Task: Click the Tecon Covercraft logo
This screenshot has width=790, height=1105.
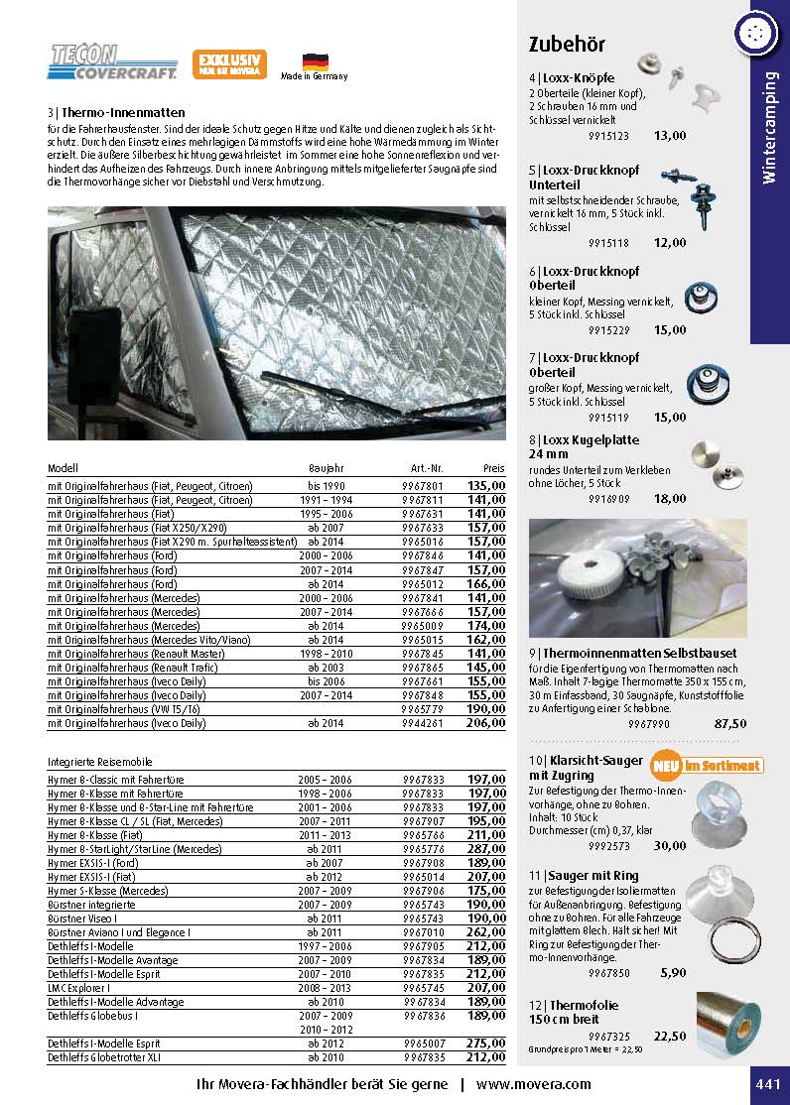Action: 112,61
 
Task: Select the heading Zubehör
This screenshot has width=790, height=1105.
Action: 567,44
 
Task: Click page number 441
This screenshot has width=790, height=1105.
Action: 768,1084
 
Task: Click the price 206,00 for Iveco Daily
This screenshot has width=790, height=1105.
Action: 487,724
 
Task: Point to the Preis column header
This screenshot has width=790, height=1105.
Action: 493,467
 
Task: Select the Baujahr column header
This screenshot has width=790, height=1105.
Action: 326,467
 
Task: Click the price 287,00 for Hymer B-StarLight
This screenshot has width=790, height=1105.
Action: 487,849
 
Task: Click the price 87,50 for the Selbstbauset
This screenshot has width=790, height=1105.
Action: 730,724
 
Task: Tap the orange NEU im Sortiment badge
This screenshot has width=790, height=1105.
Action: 707,766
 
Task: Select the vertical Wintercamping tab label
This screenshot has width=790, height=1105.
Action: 769,129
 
